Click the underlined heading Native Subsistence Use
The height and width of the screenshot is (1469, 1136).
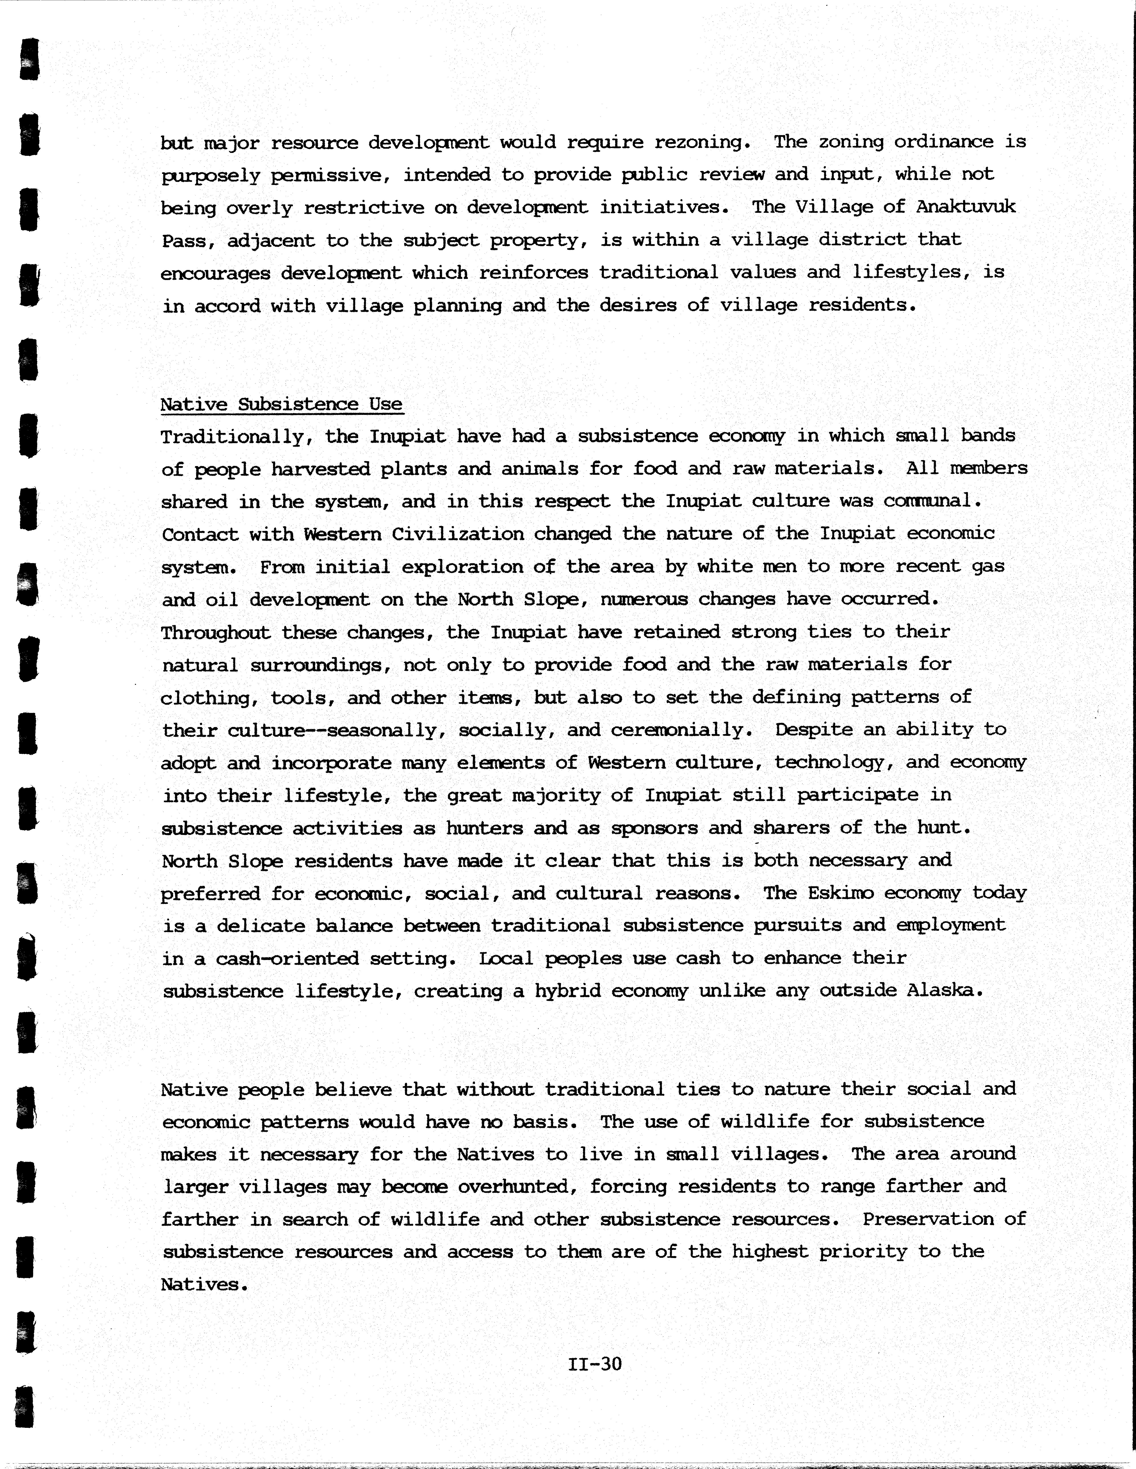pos(281,404)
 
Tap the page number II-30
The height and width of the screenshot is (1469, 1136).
pos(594,1364)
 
